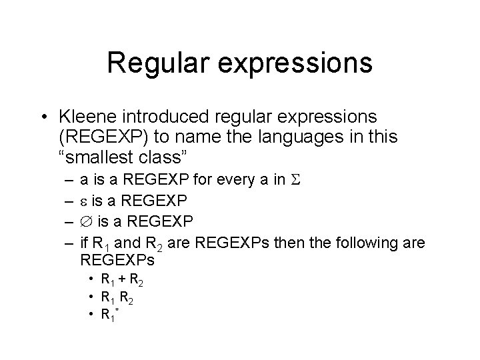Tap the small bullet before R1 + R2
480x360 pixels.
[x=91, y=280]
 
